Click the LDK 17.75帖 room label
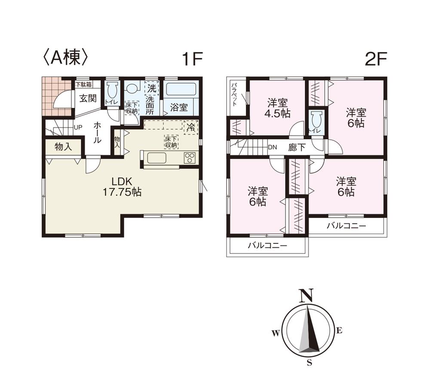click(122, 187)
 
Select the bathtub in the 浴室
click(181, 89)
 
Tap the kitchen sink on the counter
click(157, 158)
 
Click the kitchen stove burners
click(190, 158)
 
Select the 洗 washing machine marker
click(151, 89)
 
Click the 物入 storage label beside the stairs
click(63, 147)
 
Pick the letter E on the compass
click(339, 330)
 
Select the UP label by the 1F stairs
click(78, 128)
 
